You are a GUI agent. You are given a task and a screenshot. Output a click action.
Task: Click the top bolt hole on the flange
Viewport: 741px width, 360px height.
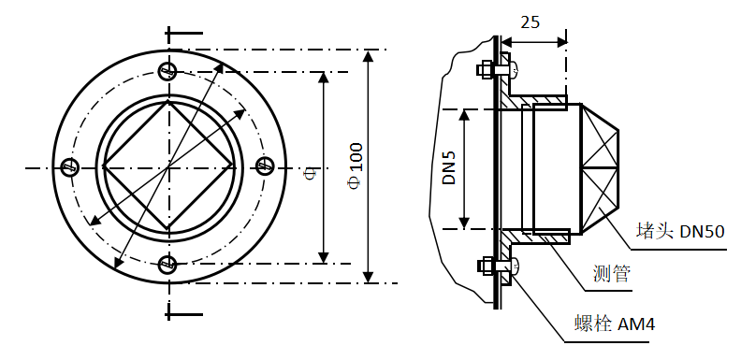point(167,71)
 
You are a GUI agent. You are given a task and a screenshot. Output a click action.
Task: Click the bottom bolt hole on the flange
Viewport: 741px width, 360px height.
point(167,264)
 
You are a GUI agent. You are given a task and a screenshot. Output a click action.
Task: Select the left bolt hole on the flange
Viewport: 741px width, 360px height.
point(70,166)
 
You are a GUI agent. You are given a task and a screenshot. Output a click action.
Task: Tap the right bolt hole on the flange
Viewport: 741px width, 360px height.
point(265,166)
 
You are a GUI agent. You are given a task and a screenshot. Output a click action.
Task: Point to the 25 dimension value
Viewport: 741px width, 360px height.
point(530,22)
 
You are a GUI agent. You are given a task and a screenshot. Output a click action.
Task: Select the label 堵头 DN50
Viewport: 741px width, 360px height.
point(680,232)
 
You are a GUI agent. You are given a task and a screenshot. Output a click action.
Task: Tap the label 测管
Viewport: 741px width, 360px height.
point(612,273)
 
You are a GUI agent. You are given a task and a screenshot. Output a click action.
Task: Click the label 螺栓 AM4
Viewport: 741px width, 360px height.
point(615,324)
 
